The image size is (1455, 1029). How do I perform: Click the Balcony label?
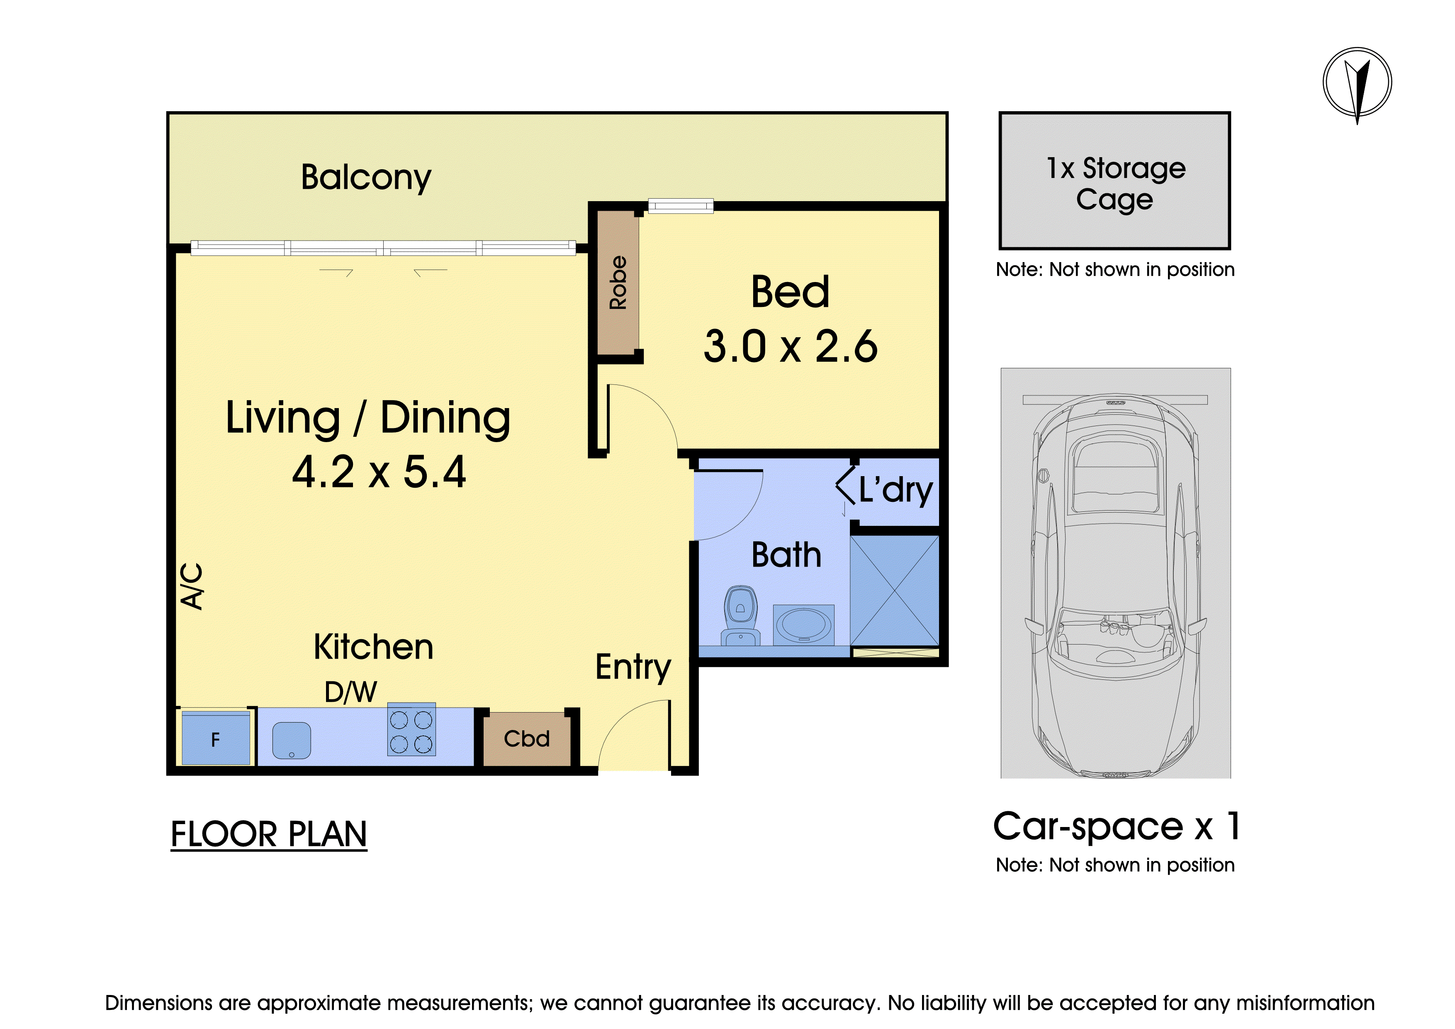point(366,178)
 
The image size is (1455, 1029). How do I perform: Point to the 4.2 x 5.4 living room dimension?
point(379,472)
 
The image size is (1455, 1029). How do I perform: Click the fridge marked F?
point(215,738)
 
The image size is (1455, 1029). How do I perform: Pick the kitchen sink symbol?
point(292,740)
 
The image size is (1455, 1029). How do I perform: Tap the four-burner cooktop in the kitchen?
point(411,729)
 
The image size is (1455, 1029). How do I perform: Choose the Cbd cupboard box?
point(527,739)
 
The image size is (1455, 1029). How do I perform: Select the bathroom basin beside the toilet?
point(803,625)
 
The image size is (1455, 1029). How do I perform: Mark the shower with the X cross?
point(894,591)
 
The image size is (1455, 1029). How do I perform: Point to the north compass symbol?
point(1357,83)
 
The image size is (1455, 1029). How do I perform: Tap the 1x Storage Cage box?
point(1115,180)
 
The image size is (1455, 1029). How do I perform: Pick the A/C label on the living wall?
point(192,586)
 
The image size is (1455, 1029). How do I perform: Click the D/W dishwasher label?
point(350,692)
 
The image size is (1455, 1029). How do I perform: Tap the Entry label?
point(633,667)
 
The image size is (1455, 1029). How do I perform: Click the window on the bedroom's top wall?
point(681,206)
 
